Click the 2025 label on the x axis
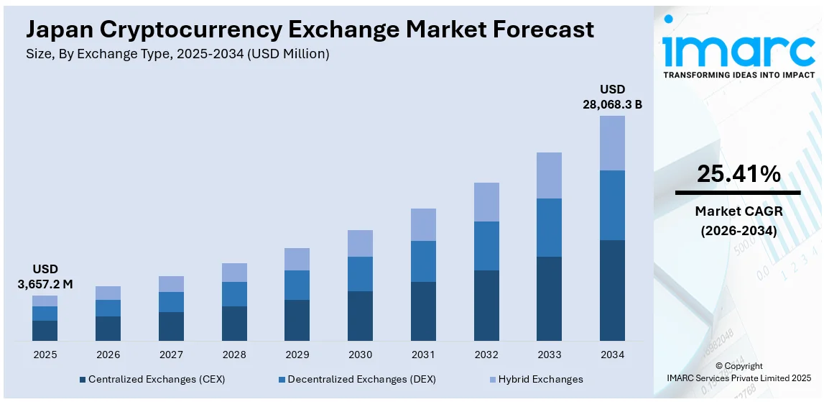coord(45,355)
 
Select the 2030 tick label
coord(360,355)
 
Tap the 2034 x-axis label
coord(612,355)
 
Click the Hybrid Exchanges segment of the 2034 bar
coord(612,143)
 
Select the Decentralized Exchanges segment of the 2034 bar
coord(612,205)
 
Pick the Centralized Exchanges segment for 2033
coord(549,298)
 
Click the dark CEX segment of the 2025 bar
coord(45,330)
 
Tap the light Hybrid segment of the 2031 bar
coord(423,224)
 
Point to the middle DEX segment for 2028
coord(234,294)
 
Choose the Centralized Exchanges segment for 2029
coord(297,320)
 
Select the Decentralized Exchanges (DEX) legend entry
coord(356,379)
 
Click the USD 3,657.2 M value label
coord(45,276)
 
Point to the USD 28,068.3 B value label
coord(612,96)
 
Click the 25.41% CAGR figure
coord(738,174)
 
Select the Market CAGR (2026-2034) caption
coord(738,221)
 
